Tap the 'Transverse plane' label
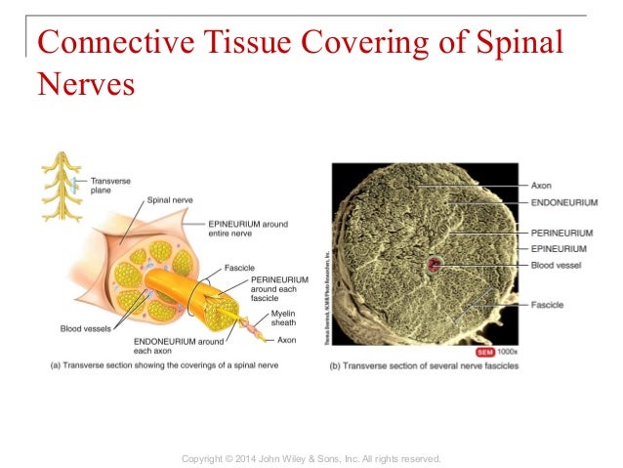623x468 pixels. [111, 185]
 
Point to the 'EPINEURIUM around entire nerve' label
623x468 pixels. [248, 229]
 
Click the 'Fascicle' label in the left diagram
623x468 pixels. [240, 266]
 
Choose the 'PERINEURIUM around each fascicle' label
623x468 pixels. [279, 289]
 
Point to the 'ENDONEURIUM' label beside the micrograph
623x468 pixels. [562, 203]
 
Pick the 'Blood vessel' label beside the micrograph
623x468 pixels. [559, 264]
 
